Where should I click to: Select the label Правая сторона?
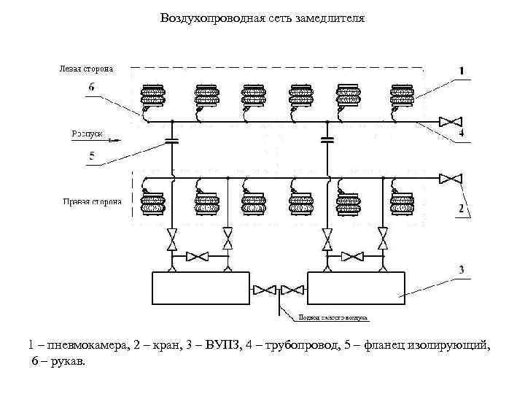tap(91, 201)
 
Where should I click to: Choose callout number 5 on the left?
tap(91, 155)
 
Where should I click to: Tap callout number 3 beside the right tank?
tap(461, 271)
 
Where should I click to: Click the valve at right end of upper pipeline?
tap(452, 120)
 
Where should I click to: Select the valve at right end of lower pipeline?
tap(452, 178)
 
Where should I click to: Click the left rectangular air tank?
tap(201, 288)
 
